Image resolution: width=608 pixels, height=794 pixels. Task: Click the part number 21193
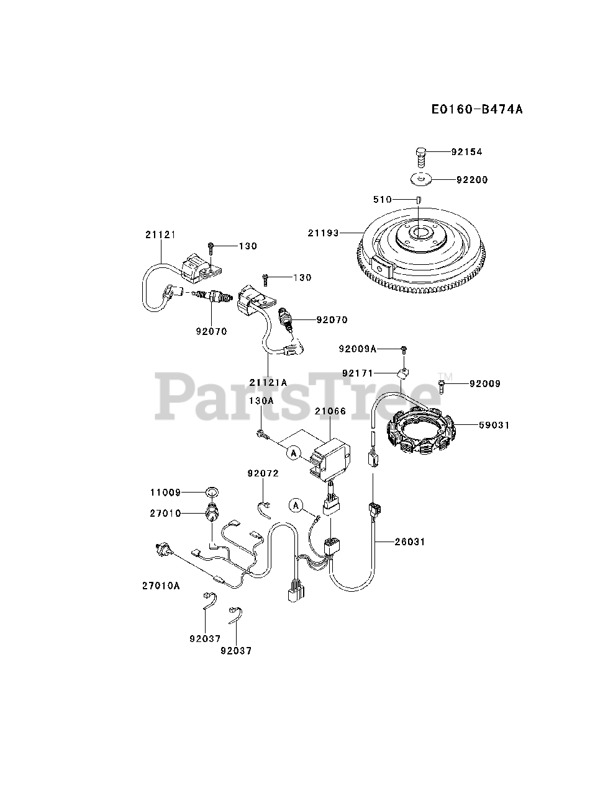click(x=323, y=233)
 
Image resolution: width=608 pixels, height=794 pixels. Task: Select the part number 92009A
click(x=357, y=349)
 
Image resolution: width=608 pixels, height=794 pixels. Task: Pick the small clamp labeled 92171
click(x=402, y=373)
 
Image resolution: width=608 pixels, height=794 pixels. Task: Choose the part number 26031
click(x=410, y=542)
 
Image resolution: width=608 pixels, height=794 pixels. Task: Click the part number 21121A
click(x=268, y=383)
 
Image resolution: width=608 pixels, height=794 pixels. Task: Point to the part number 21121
click(x=161, y=234)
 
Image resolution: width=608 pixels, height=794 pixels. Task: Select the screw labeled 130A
click(x=262, y=437)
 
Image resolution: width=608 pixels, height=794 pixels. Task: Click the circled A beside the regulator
click(x=294, y=453)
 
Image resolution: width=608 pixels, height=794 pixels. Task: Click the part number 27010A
click(x=160, y=585)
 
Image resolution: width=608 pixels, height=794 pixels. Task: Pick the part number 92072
click(x=263, y=473)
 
